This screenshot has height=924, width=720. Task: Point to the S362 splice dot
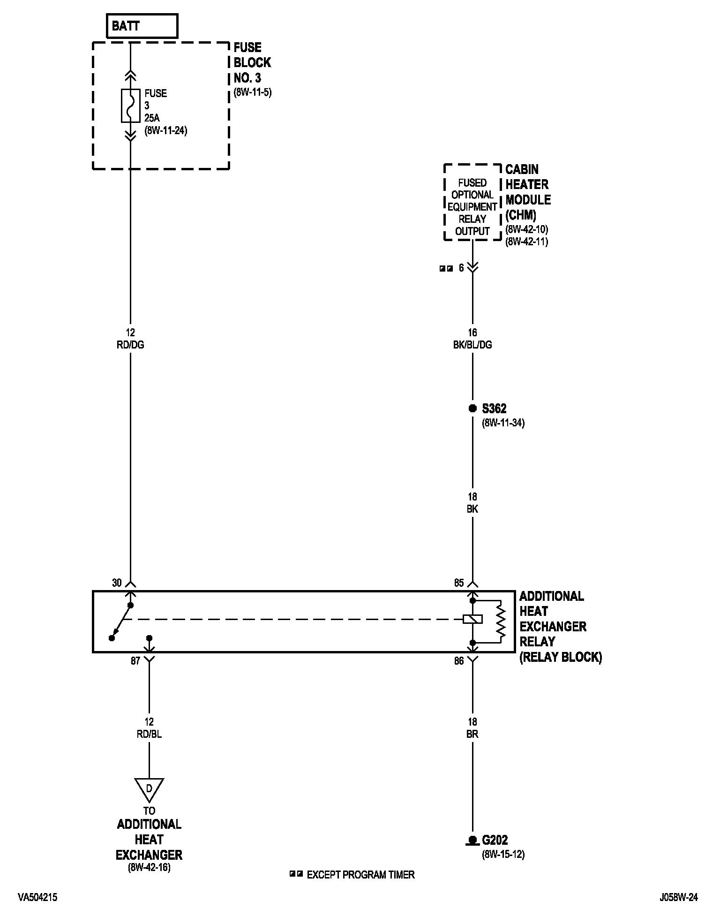tap(472, 409)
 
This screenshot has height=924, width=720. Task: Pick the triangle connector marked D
tap(149, 789)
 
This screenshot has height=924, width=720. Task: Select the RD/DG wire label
tap(130, 345)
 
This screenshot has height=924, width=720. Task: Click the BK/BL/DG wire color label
tap(472, 345)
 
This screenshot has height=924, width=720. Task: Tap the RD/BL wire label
tap(149, 734)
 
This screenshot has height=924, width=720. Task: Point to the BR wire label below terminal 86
tap(472, 734)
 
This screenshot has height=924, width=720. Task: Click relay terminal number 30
tap(117, 583)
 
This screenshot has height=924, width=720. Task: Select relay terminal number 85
tap(459, 583)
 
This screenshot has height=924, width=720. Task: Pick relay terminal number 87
tap(135, 661)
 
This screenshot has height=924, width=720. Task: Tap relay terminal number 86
tap(459, 661)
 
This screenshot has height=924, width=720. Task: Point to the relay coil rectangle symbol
tap(472, 619)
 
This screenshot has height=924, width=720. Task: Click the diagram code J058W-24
tap(678, 898)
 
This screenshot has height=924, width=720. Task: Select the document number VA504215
tap(38, 898)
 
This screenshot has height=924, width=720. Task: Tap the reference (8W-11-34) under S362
tap(503, 423)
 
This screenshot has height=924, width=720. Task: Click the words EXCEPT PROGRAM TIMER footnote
tap(360, 875)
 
